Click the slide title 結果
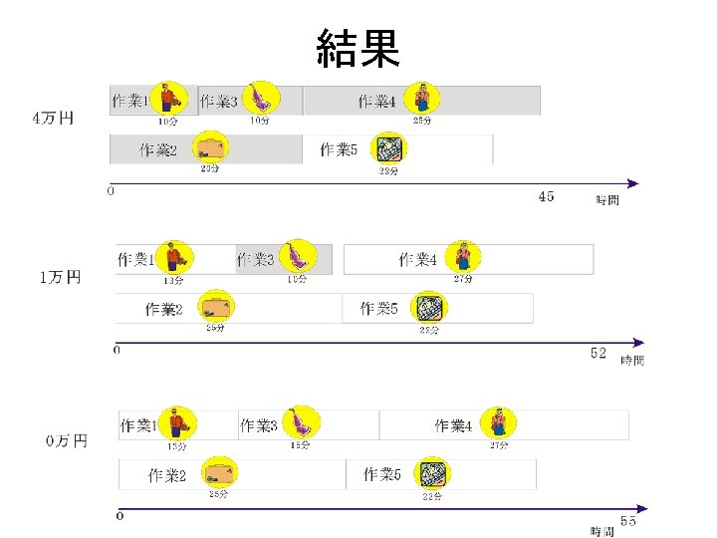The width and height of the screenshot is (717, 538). tap(358, 47)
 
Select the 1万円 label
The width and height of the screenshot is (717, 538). tap(60, 277)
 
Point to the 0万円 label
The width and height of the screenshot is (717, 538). tap(66, 439)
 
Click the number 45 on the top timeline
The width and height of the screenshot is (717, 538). tap(546, 197)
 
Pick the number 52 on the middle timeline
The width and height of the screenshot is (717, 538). tap(597, 354)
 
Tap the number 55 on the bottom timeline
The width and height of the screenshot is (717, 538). tap(628, 520)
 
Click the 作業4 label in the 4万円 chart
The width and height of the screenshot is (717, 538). tap(377, 101)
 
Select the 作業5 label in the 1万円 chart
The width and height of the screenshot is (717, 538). tap(379, 309)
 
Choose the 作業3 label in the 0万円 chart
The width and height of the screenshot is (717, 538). tap(259, 425)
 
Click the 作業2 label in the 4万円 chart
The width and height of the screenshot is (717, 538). tap(158, 150)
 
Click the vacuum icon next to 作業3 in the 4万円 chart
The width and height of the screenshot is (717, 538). tap(262, 98)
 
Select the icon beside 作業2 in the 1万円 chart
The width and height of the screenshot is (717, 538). tap(214, 306)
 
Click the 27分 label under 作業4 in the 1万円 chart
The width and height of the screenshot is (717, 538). tap(463, 279)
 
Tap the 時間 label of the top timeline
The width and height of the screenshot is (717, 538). tap(607, 200)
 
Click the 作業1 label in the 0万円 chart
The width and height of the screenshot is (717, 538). tap(138, 425)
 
